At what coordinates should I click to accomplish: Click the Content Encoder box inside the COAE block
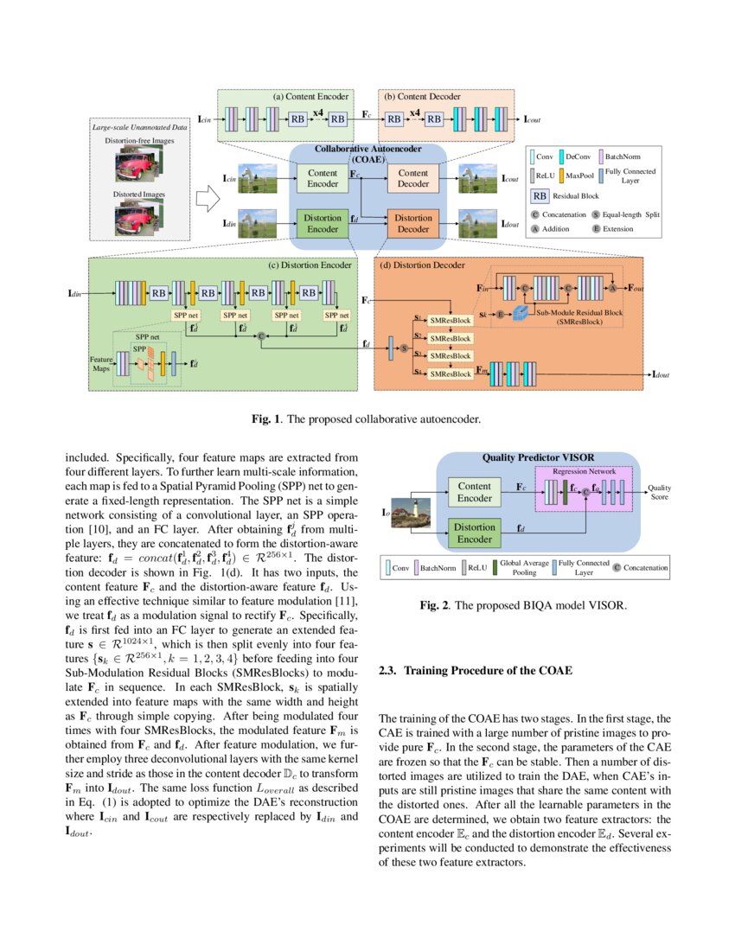click(x=323, y=179)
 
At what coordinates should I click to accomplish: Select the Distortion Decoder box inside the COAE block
click(x=413, y=224)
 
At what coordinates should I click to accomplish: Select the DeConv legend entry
click(x=580, y=157)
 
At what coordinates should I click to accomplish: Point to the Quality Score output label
click(x=660, y=491)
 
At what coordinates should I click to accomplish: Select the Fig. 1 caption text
click(x=367, y=419)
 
